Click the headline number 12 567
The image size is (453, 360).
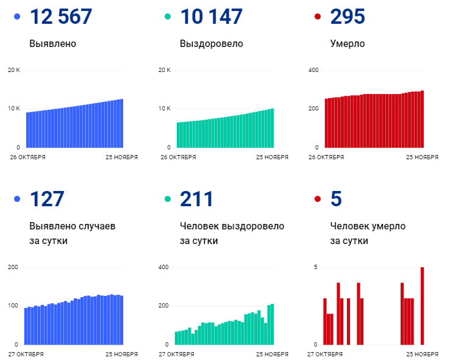(61, 17)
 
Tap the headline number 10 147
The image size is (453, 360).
(211, 17)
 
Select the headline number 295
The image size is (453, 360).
(348, 17)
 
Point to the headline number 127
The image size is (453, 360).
(47, 199)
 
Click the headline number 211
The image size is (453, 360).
(196, 199)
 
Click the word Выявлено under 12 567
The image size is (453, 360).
(53, 44)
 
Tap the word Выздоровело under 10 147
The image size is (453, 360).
(212, 44)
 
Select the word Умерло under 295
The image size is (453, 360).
(348, 44)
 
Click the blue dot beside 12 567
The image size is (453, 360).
(16, 17)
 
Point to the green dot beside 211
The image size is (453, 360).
(167, 199)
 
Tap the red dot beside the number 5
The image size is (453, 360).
(317, 199)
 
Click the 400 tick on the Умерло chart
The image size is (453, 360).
(313, 70)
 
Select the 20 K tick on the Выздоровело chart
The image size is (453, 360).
(164, 70)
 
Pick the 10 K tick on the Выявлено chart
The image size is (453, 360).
(14, 109)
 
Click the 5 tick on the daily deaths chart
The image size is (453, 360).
(315, 267)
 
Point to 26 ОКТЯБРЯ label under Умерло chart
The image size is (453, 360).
(326, 157)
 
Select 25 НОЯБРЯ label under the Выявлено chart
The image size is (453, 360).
(121, 157)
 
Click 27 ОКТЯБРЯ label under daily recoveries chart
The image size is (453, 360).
(177, 354)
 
